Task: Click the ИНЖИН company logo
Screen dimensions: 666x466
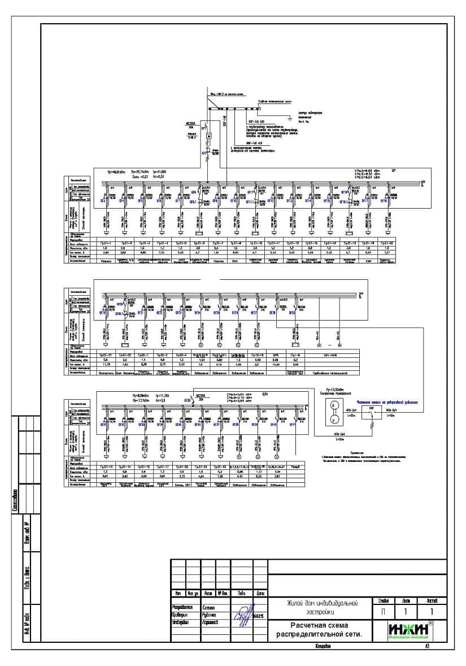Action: [x=411, y=630]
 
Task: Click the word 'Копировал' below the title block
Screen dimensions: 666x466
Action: [x=319, y=646]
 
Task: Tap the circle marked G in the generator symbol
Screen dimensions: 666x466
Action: [x=334, y=420]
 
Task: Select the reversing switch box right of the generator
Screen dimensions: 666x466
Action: [x=371, y=410]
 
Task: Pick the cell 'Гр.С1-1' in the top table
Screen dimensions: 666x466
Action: [x=106, y=243]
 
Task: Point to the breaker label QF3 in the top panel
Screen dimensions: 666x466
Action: [x=103, y=200]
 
